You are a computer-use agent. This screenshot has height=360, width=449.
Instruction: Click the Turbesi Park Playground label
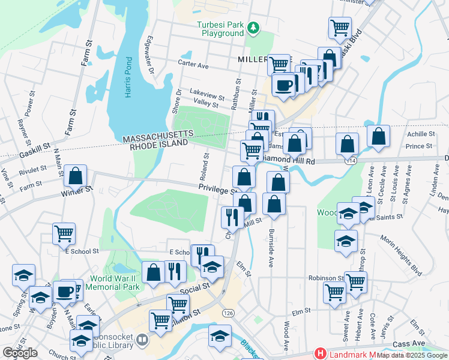pos(221,29)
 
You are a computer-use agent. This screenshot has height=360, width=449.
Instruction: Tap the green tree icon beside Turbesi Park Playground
pos(254,27)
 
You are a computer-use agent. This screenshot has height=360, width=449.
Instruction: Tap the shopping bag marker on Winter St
pos(76,176)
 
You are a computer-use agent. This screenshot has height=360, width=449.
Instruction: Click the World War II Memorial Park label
pos(115,283)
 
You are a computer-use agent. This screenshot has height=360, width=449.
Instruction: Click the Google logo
pos(19,353)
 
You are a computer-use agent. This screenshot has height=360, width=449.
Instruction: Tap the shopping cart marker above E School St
pos(64,233)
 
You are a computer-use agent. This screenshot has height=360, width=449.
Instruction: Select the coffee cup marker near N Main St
pos(65,292)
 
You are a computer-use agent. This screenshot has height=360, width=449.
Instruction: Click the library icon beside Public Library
pos(142,340)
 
